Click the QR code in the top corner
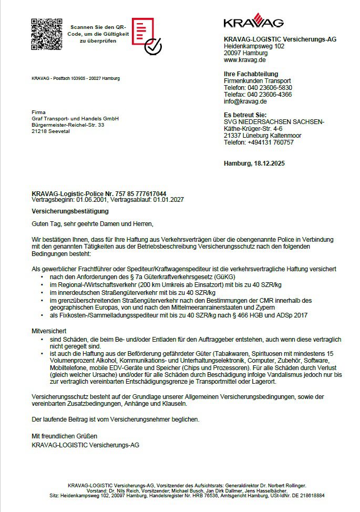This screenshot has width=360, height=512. [47, 34]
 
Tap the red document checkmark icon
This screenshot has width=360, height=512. [146, 36]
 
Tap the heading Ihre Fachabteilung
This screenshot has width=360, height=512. [251, 74]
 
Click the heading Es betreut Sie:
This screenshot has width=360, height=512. [245, 115]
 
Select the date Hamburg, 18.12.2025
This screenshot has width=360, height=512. [254, 163]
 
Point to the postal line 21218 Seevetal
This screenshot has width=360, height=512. [51, 131]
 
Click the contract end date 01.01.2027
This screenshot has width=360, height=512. [169, 200]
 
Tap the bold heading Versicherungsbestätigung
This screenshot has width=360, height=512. [70, 211]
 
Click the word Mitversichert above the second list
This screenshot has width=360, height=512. [49, 332]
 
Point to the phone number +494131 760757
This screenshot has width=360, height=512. [270, 142]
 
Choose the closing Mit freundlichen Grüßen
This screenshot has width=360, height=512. [65, 436]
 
